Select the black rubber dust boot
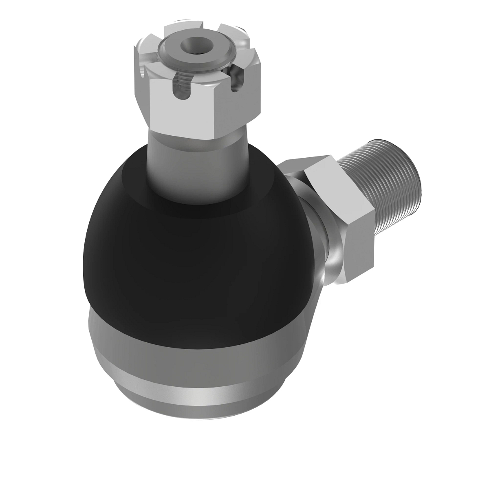coord(183,253)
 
